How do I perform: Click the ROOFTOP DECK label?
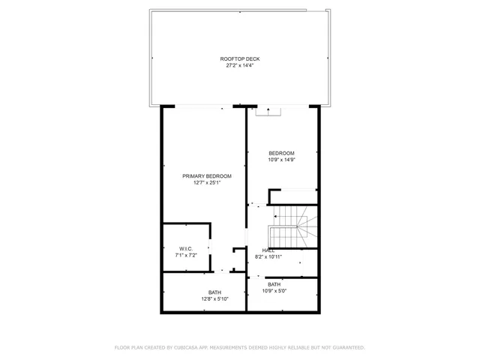tap(240, 58)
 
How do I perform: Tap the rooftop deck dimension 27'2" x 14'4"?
tap(240, 65)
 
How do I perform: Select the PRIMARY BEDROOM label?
tap(207, 175)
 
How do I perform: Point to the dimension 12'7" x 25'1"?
tap(207, 182)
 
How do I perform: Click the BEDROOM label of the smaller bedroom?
tap(282, 153)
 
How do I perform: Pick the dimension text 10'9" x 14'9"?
tap(282, 160)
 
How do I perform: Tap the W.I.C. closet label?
tap(186, 249)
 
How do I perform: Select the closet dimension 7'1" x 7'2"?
tap(186, 256)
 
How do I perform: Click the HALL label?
tap(268, 250)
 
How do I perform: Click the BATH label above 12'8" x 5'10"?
tap(214, 292)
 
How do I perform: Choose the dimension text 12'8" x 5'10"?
tap(214, 299)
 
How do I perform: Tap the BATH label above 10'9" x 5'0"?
tap(274, 284)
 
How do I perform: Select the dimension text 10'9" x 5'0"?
tap(274, 291)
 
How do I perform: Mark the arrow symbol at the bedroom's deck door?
tap(268, 110)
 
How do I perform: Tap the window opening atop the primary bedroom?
tap(199, 107)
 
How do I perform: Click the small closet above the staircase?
tap(293, 196)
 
